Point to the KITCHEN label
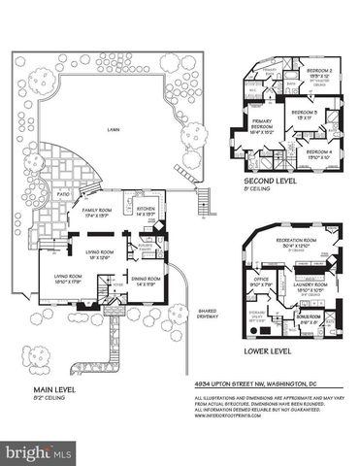(x=147, y=208)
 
